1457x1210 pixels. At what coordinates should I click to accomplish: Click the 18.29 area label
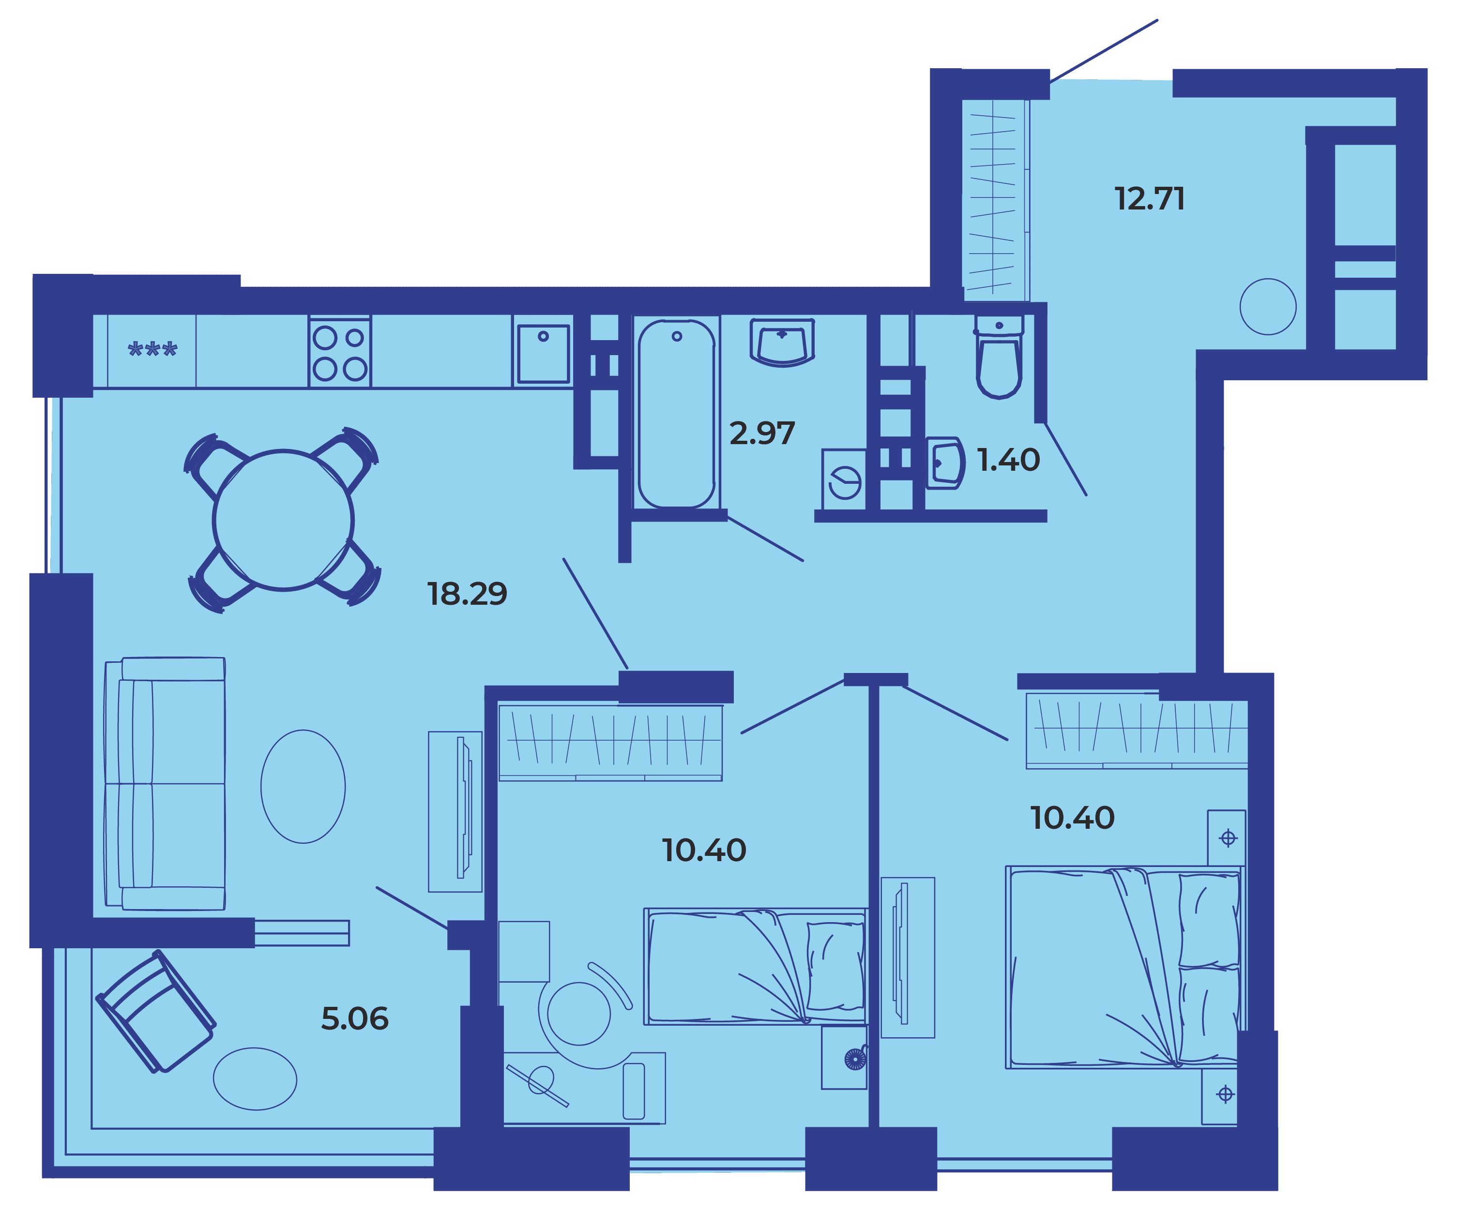(467, 594)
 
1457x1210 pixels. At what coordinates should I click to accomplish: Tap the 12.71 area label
(1150, 199)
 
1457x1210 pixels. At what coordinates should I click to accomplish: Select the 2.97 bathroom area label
(762, 434)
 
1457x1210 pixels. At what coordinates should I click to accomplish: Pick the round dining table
(283, 520)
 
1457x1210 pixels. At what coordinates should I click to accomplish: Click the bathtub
(677, 414)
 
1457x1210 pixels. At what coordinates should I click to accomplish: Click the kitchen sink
(543, 353)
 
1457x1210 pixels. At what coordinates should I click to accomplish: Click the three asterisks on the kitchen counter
(152, 349)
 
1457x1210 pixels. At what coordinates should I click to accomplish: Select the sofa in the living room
(165, 784)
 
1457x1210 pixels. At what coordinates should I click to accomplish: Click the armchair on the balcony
(155, 1012)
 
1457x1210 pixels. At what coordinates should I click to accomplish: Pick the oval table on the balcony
(255, 1079)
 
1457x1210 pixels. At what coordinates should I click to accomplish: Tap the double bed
(1124, 967)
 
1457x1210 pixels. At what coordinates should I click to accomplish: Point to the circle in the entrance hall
(1268, 306)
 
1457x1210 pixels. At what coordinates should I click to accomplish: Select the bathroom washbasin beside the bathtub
(782, 342)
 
